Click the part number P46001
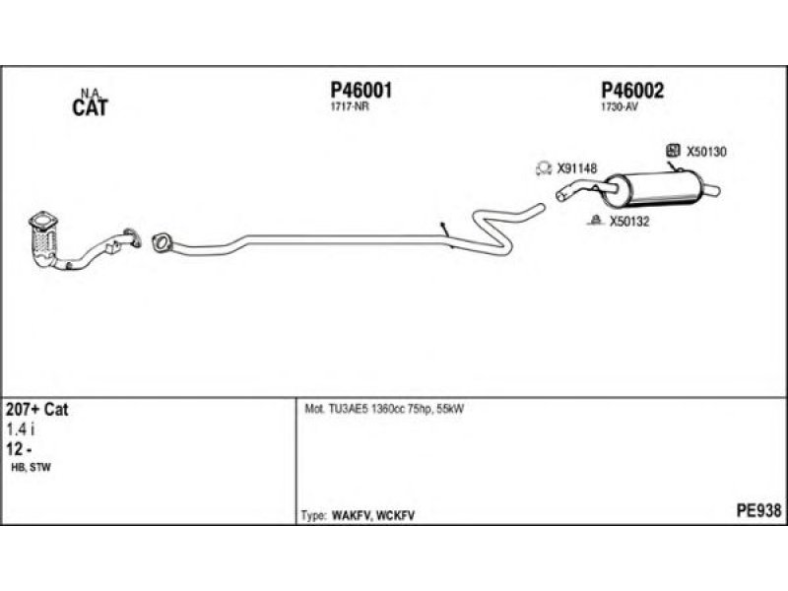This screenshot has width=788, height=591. pyautogui.click(x=361, y=91)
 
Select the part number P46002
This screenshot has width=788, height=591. pyautogui.click(x=632, y=91)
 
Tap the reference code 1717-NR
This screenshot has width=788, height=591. pyautogui.click(x=350, y=107)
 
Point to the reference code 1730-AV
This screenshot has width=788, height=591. pyautogui.click(x=620, y=107)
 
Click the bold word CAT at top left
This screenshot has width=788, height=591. pyautogui.click(x=90, y=107)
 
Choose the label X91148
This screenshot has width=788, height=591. pyautogui.click(x=577, y=168)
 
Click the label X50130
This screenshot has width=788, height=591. pyautogui.click(x=706, y=152)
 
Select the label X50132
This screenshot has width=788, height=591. pyautogui.click(x=629, y=221)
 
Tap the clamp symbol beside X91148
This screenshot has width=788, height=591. pyautogui.click(x=544, y=168)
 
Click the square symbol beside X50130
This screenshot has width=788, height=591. pyautogui.click(x=673, y=150)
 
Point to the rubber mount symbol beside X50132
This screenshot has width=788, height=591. pyautogui.click(x=596, y=220)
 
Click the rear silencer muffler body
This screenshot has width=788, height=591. pyautogui.click(x=651, y=189)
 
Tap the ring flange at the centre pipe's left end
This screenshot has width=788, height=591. pyautogui.click(x=161, y=242)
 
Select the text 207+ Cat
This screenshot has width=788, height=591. pyautogui.click(x=36, y=409)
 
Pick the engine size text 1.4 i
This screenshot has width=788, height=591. pyautogui.click(x=21, y=429)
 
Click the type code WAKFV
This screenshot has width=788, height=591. pyautogui.click(x=352, y=515)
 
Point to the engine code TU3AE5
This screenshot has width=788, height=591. pyautogui.click(x=349, y=409)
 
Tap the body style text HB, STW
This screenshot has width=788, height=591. pyautogui.click(x=31, y=467)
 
